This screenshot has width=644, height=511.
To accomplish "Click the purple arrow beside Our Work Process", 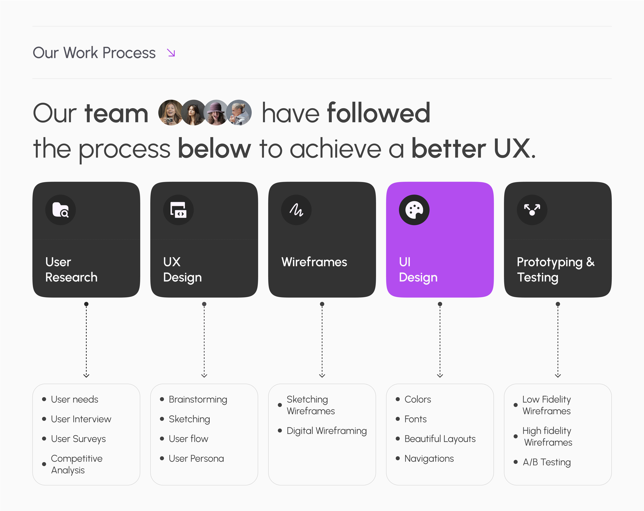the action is tap(171, 53).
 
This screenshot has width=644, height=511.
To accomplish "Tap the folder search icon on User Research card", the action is tap(60, 210).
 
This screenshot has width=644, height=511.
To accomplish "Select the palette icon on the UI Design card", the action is tap(414, 210).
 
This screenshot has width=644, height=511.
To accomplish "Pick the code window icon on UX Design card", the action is tap(178, 210).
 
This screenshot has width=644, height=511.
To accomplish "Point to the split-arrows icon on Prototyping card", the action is tap(532, 210).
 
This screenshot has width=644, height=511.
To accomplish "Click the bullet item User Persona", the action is tap(196, 459).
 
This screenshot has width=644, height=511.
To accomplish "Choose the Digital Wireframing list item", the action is tap(327, 431).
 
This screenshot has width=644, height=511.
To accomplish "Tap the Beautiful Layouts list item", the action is tap(440, 439).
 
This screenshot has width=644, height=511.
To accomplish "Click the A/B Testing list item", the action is tap(546, 462).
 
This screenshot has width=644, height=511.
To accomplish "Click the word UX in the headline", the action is tap(512, 148).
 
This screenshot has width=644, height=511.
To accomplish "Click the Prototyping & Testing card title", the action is tap(555, 269).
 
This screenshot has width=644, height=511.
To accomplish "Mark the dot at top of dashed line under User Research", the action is tap(86, 304).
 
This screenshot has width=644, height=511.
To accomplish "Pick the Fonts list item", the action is tap(415, 419).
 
